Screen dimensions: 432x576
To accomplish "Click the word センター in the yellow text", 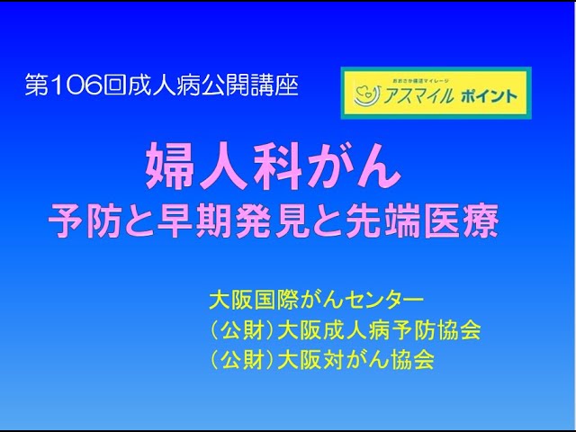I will [386, 297].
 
